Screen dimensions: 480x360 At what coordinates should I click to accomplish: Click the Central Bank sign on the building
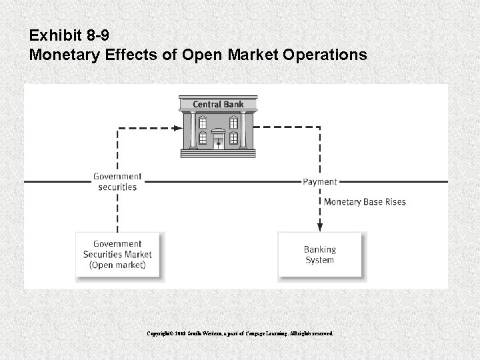[x=218, y=104]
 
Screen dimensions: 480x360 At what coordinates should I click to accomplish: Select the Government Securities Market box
[x=117, y=254]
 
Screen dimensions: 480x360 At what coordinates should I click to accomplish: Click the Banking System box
[x=320, y=254]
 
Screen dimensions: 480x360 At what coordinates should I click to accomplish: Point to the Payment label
[x=320, y=181]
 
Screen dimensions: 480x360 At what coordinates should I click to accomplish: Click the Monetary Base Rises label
[x=365, y=201]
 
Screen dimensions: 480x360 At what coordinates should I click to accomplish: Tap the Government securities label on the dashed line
[x=117, y=181]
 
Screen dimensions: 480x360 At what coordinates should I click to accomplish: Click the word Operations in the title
[x=328, y=54]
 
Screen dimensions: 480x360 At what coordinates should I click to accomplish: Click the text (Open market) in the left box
[x=117, y=265]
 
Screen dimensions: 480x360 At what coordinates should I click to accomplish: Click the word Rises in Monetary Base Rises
[x=394, y=201]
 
